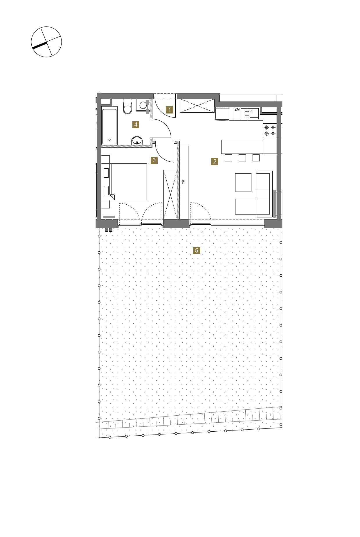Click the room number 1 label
[169, 110]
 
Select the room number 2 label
[215, 161]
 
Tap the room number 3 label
[154, 160]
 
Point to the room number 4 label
[135, 125]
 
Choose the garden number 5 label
[197, 250]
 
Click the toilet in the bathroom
[127, 107]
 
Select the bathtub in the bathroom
[109, 125]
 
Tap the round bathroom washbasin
[137, 141]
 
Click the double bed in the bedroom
[128, 182]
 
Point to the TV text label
[183, 182]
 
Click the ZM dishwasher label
[237, 109]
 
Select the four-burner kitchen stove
[270, 131]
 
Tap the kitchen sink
[253, 113]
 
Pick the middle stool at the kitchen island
[242, 158]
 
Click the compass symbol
[46, 42]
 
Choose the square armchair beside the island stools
[243, 183]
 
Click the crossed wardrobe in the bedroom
[170, 194]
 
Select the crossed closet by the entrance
[197, 106]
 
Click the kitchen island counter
[242, 147]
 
